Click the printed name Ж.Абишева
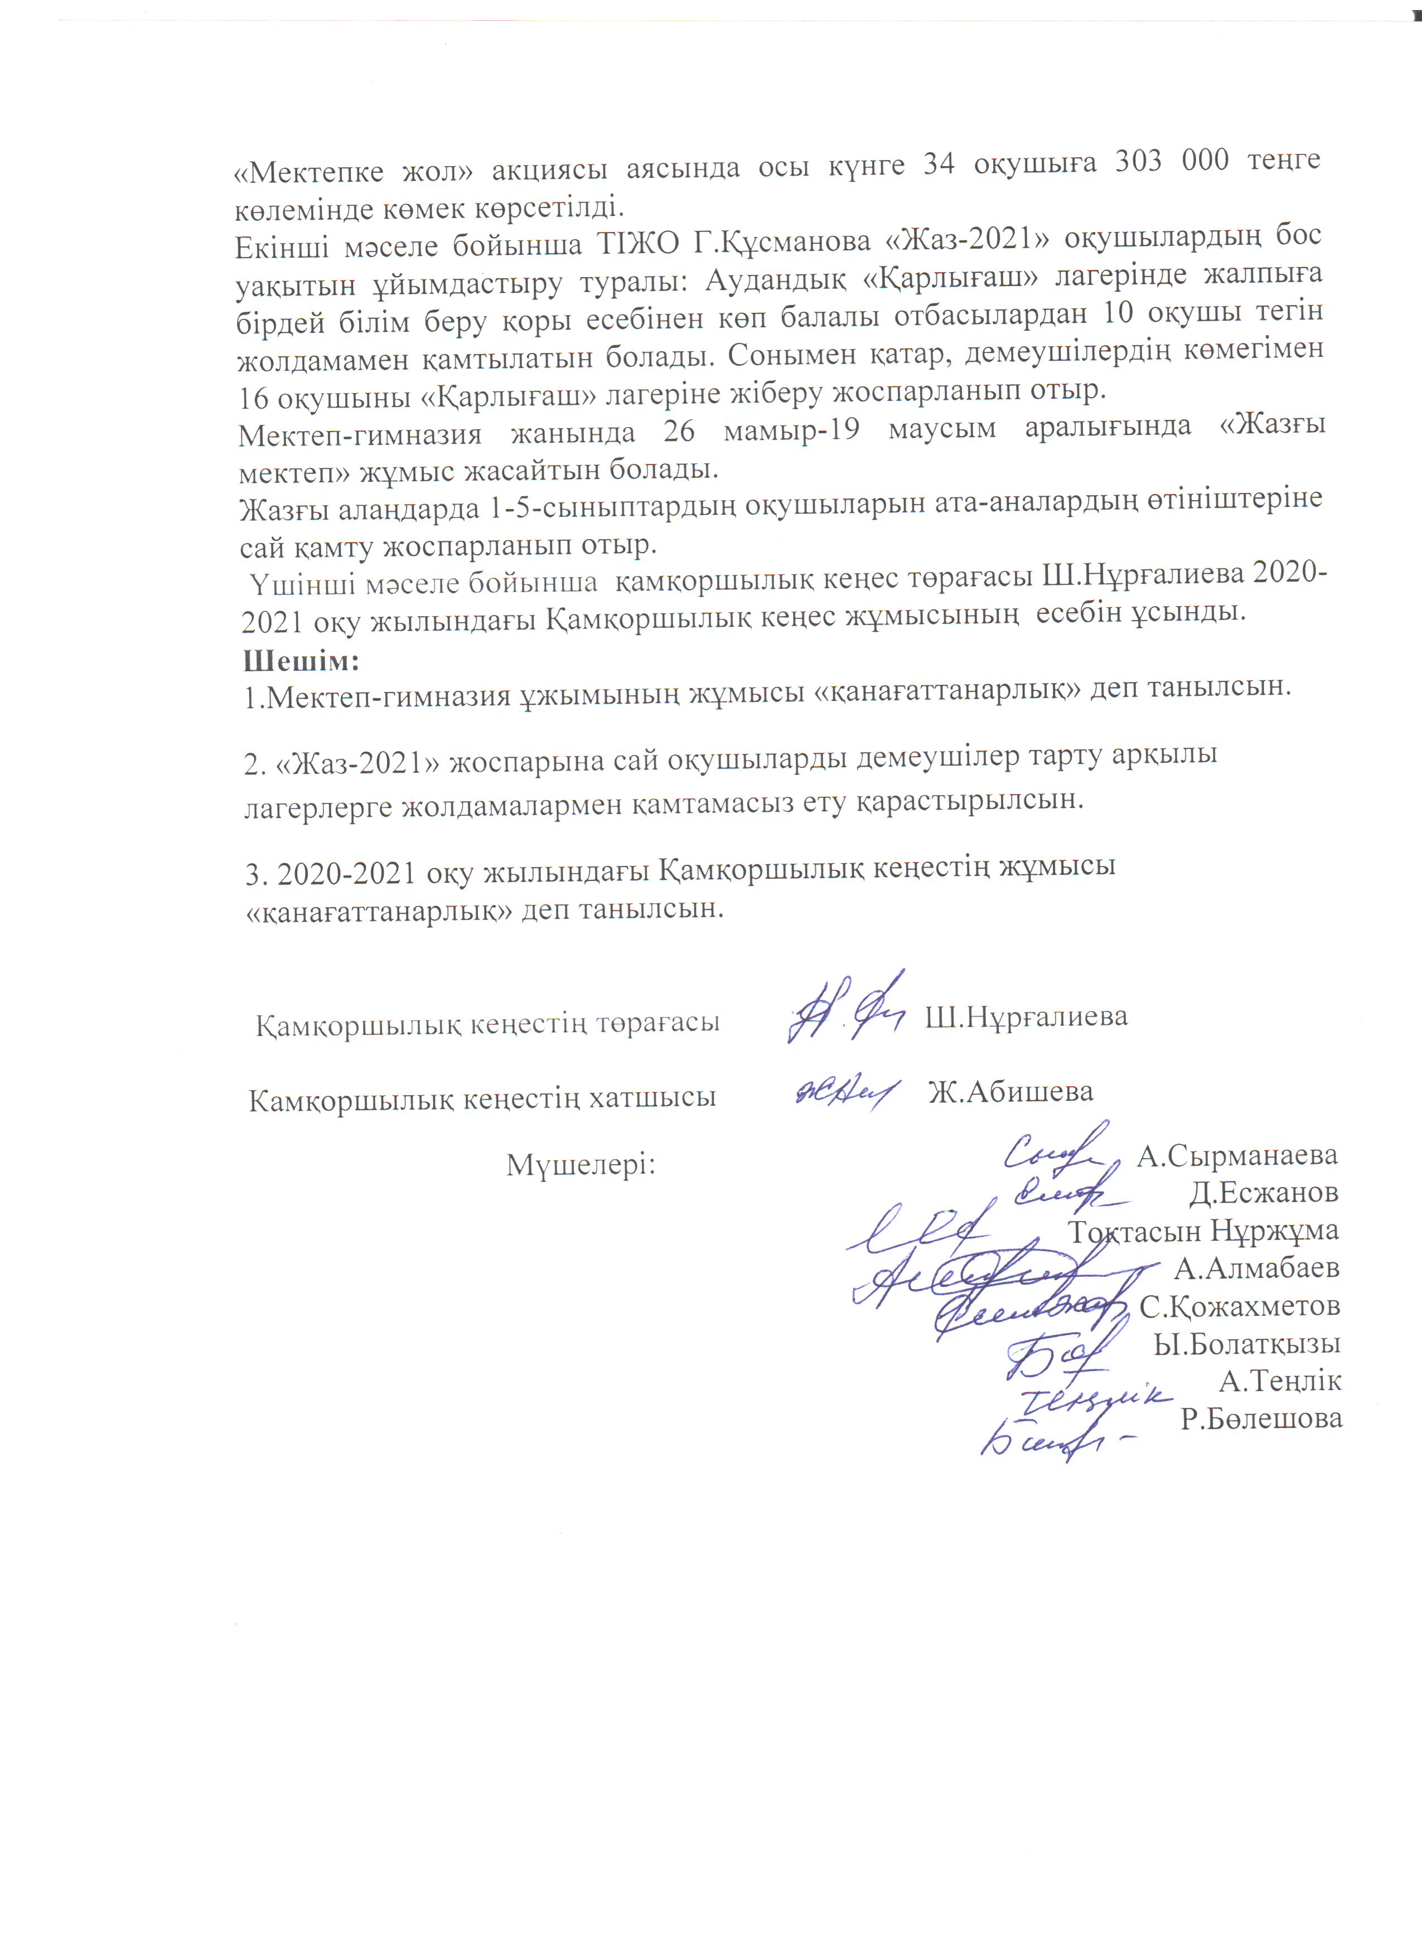1010,1092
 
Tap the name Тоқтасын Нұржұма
1204,1231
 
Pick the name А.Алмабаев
1256,1268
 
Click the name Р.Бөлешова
1261,1418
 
